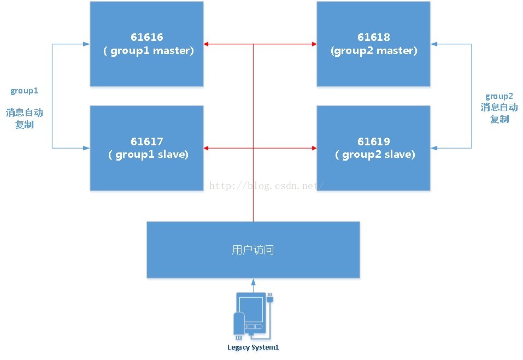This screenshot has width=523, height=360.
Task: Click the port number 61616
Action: click(147, 38)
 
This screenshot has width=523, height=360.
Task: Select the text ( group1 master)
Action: click(148, 51)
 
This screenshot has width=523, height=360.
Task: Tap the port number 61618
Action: click(374, 38)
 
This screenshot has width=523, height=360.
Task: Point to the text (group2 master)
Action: click(374, 51)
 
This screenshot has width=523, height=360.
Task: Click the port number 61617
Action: click(147, 141)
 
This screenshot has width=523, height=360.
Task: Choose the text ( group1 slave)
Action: click(148, 155)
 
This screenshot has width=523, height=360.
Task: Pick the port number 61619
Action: click(374, 141)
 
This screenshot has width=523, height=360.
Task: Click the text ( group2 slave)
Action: click(375, 155)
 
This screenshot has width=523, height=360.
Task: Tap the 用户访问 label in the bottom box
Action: click(252, 250)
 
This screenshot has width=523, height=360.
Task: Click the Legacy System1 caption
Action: click(252, 347)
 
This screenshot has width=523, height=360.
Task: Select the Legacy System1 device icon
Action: click(252, 314)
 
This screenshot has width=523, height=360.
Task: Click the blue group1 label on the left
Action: click(24, 91)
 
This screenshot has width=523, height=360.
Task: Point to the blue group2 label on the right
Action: click(498, 96)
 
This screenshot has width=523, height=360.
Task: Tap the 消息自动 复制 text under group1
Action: click(25, 119)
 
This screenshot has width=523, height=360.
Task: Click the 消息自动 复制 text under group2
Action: click(499, 113)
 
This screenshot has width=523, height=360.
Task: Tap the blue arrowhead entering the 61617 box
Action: click(87, 147)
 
